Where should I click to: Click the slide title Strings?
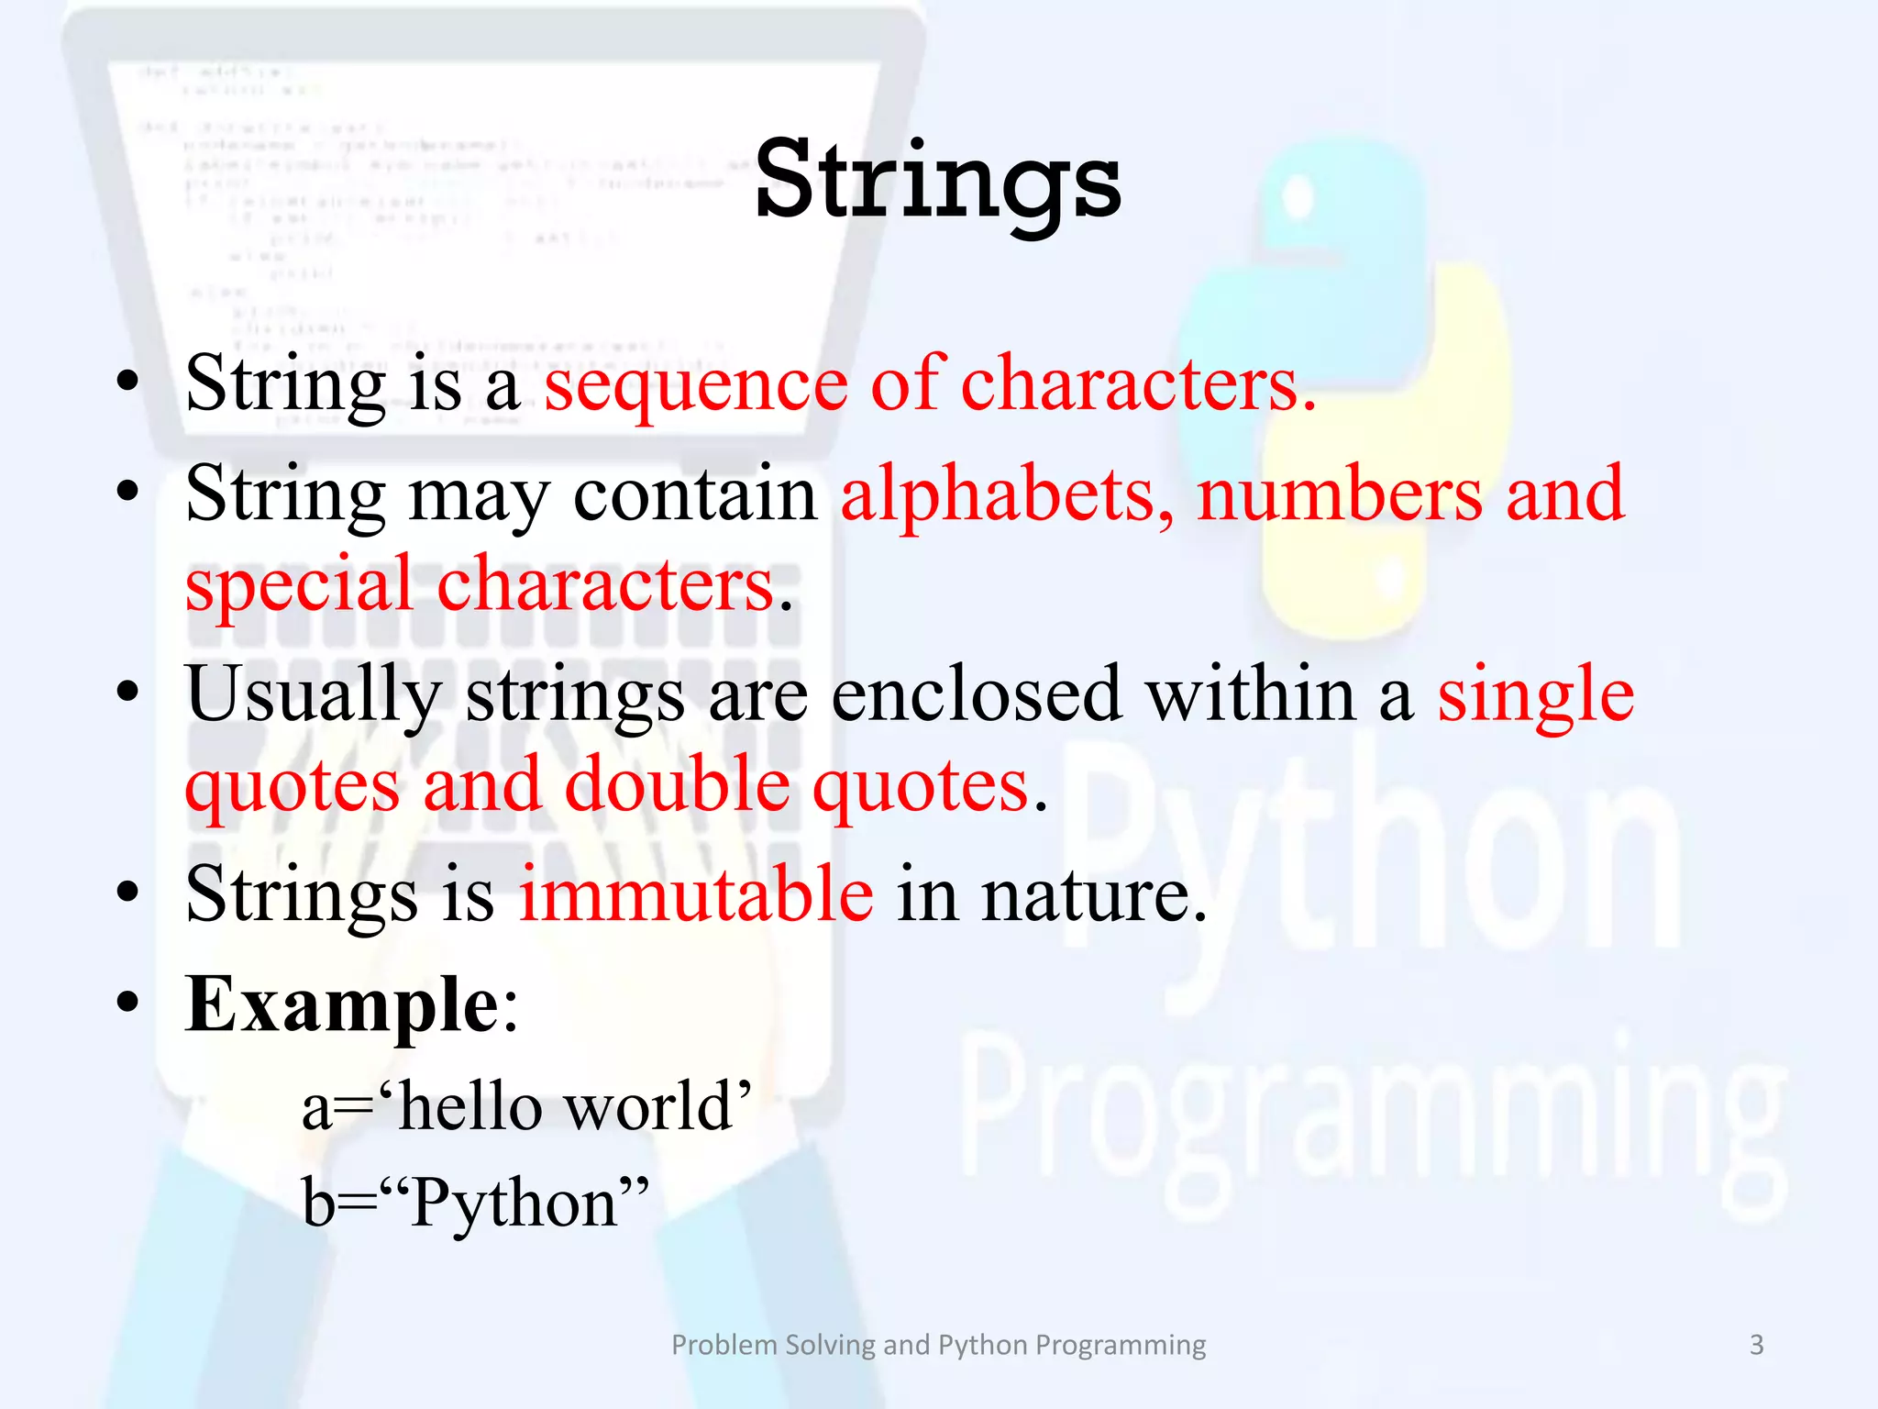[937, 182]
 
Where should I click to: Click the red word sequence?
[696, 385]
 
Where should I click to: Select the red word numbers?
[1339, 495]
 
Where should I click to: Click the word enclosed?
[976, 695]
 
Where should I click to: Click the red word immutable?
[696, 894]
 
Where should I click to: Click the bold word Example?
[341, 1005]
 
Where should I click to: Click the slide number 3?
[1756, 1345]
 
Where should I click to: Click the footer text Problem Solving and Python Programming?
[938, 1345]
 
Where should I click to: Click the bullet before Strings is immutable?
[127, 891]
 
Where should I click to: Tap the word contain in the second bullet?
[694, 495]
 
